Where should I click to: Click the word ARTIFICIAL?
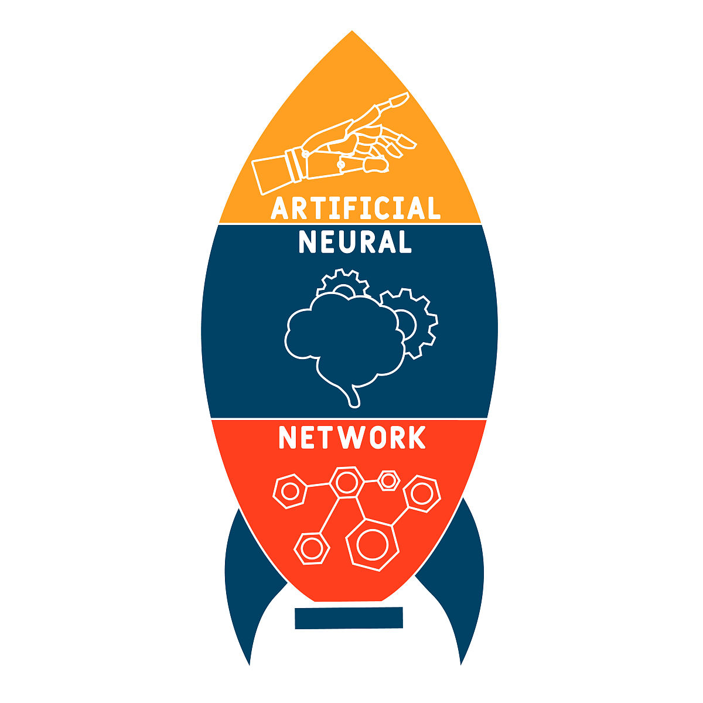tap(356, 208)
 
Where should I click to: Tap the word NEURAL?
tap(355, 242)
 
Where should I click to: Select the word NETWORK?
tap(352, 438)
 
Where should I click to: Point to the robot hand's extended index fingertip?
tap(404, 97)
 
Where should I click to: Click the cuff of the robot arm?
tap(295, 163)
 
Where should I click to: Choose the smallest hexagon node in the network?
tap(388, 480)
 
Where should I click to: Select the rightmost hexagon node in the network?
tap(421, 493)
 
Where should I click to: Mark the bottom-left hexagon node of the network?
tap(311, 548)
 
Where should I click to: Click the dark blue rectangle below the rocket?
tap(349, 617)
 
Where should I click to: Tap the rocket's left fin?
tap(240, 580)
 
